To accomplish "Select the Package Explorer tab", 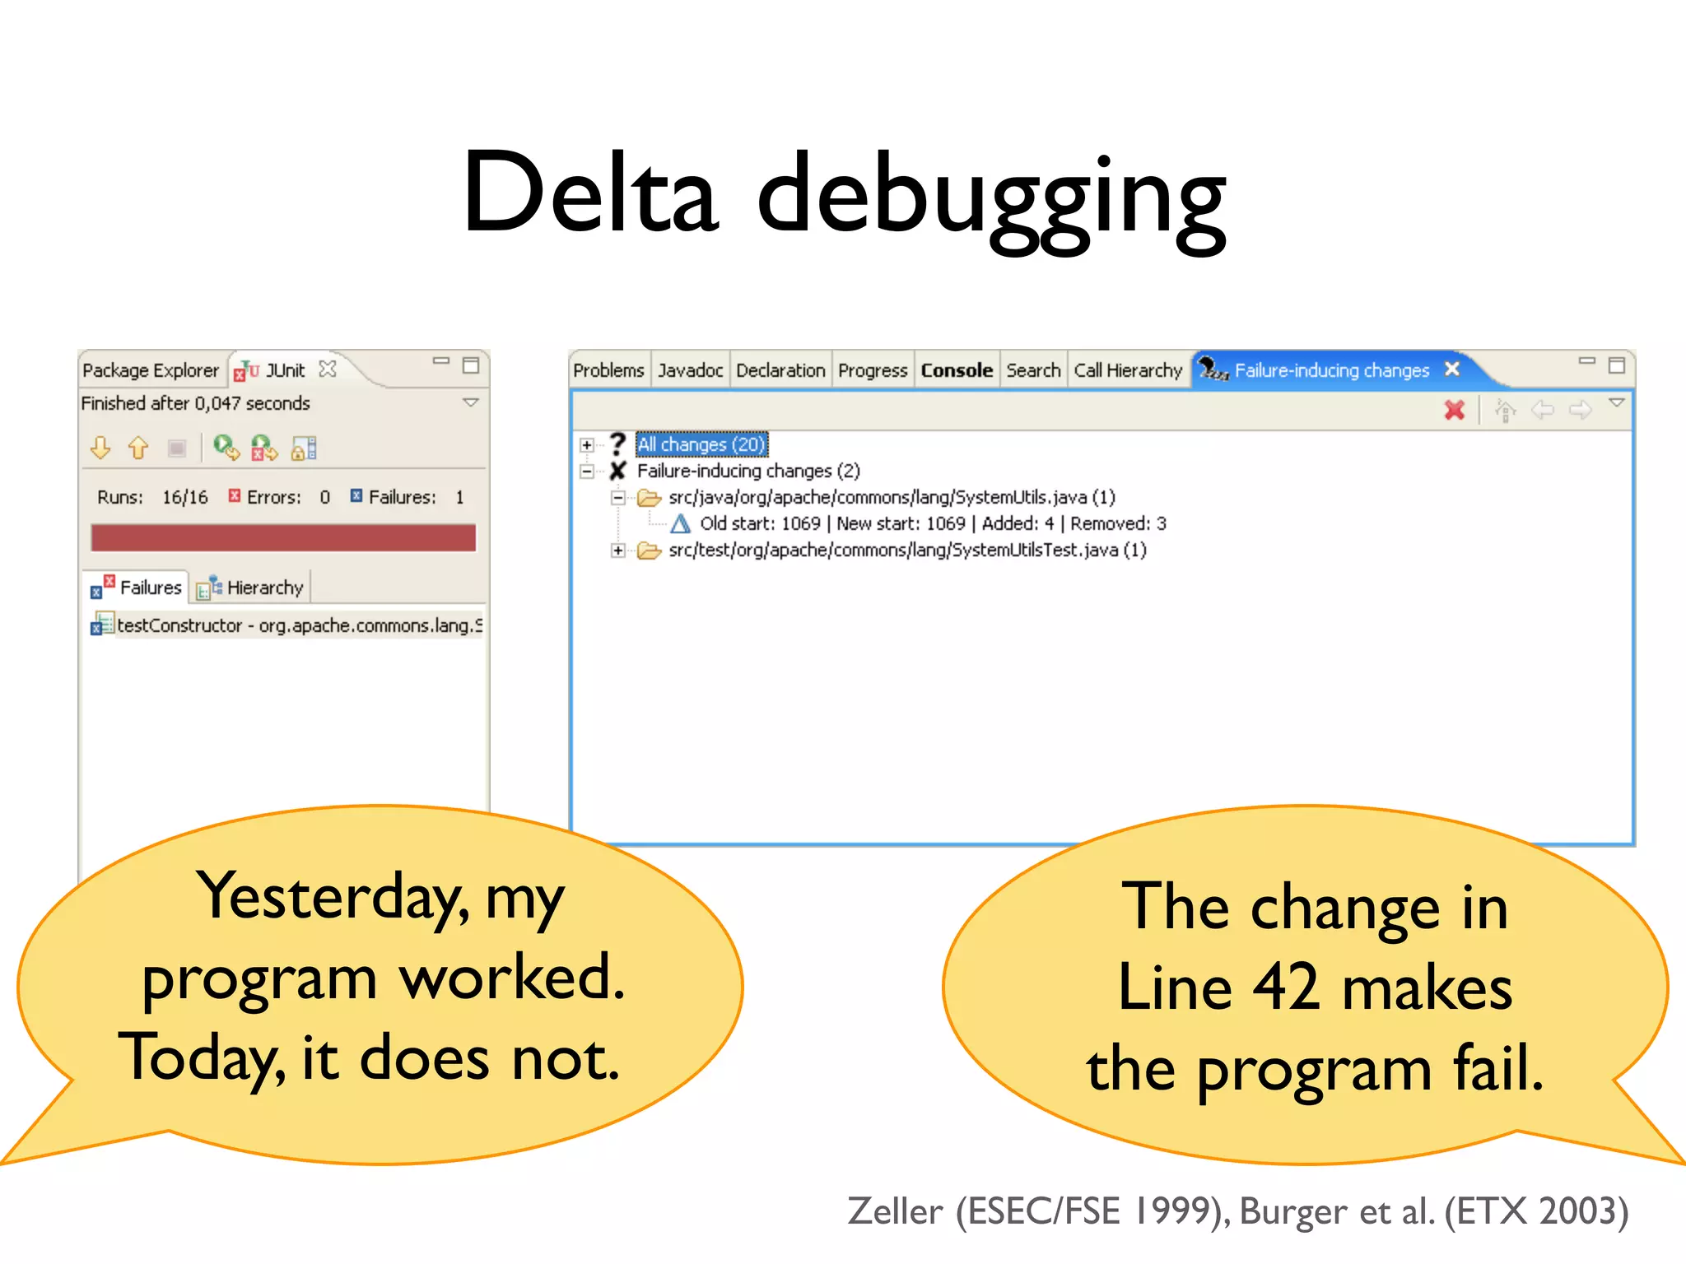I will (151, 370).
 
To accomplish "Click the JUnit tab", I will (284, 370).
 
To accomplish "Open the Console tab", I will (956, 370).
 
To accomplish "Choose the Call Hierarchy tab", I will (1127, 370).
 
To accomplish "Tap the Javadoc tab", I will (690, 370).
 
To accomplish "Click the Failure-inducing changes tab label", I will (1331, 370).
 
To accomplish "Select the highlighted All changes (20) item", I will (701, 444).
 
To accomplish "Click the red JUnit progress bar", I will (283, 538).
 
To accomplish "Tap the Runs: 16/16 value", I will (184, 497).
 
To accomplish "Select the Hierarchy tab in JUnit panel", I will (264, 588).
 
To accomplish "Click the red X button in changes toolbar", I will (1455, 410).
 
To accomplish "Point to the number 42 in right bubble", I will (1286, 987).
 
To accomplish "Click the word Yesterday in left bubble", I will (333, 897).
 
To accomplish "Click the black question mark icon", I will (618, 444).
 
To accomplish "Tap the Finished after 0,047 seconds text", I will (195, 403).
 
